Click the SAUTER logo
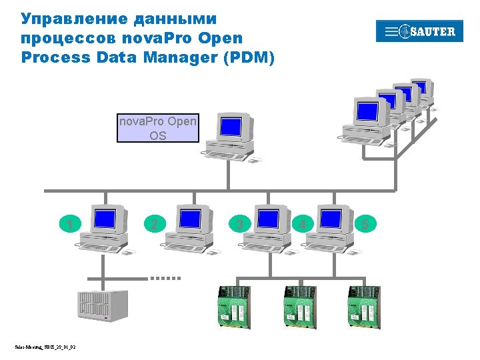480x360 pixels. (x=419, y=31)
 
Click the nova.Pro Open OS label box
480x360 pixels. (x=157, y=128)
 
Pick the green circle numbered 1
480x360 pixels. (x=70, y=224)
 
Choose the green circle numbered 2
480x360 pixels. (x=155, y=224)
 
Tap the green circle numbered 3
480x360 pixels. (x=240, y=224)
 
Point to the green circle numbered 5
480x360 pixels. (x=365, y=224)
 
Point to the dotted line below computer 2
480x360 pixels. (x=165, y=277)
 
